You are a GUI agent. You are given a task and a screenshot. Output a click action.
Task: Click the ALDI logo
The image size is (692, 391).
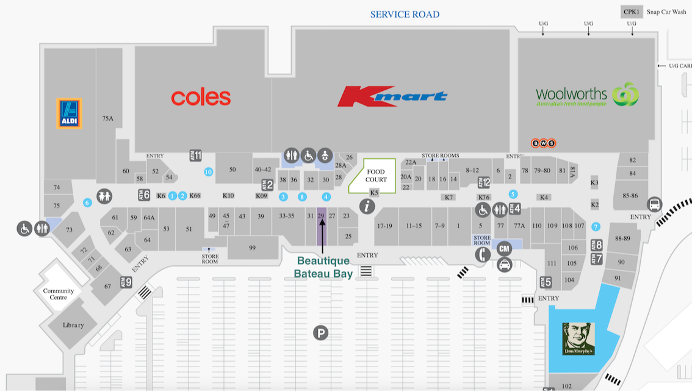tap(69, 113)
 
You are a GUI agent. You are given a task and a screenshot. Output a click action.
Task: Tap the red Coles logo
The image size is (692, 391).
tap(201, 98)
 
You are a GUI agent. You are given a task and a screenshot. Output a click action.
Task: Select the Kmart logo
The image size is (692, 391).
tap(392, 96)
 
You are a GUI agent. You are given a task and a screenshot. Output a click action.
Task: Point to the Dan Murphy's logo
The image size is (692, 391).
tap(578, 339)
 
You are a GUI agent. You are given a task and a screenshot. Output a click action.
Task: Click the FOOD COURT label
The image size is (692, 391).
tap(376, 176)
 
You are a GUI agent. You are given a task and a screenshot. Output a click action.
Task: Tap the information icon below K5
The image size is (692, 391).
tap(367, 206)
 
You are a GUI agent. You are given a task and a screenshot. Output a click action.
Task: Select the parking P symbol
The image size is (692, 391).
tap(321, 332)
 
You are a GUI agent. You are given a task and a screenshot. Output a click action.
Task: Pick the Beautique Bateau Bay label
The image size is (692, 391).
tap(323, 267)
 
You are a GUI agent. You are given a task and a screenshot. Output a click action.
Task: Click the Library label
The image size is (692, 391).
tap(73, 325)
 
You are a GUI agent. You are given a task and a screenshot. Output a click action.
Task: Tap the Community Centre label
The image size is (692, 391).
tap(59, 294)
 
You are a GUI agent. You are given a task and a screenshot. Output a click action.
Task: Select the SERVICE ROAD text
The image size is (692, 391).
tap(405, 15)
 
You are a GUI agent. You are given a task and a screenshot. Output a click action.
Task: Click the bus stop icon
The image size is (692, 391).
tap(655, 204)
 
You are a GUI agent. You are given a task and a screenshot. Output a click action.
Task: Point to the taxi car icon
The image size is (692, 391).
tap(504, 264)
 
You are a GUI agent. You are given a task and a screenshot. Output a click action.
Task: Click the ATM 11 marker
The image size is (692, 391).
tap(195, 156)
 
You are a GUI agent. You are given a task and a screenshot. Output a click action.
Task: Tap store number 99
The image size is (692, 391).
tap(252, 248)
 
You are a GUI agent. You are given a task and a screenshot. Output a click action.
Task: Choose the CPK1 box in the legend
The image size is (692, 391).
tap(630, 12)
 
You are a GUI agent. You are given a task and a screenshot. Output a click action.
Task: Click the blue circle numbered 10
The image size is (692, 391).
tap(208, 172)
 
